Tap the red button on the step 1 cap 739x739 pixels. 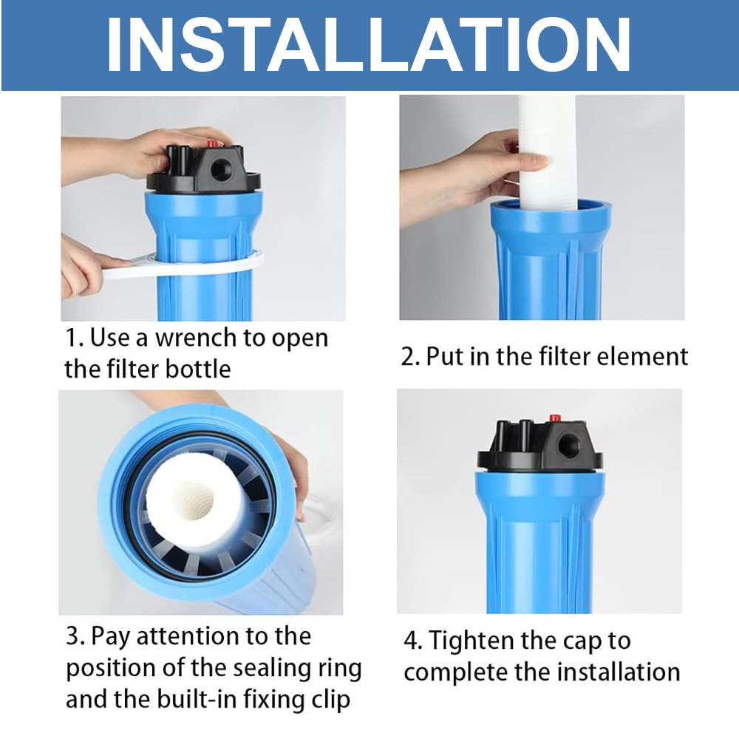[x=212, y=143]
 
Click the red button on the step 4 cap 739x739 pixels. [x=555, y=418]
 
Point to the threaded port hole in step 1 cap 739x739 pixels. [x=219, y=168]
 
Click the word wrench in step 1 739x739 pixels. [x=196, y=338]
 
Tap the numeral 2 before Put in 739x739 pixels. [x=408, y=357]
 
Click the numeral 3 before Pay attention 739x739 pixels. [x=73, y=636]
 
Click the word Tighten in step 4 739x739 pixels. [x=473, y=641]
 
